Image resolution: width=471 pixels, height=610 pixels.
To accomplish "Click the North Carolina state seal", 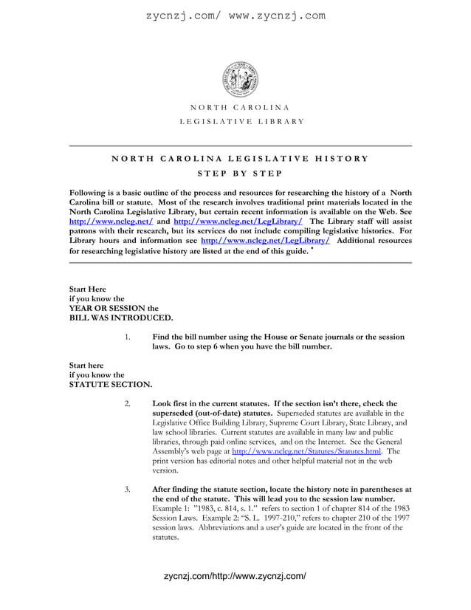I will [x=240, y=78].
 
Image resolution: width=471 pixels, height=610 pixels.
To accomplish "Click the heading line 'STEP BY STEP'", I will [x=240, y=174].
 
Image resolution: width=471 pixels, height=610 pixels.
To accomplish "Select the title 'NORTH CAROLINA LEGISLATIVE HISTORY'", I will [x=240, y=159].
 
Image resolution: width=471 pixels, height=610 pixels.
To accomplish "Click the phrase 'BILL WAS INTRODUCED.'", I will [x=121, y=318].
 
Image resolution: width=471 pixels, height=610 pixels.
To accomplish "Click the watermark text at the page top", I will [x=235, y=15].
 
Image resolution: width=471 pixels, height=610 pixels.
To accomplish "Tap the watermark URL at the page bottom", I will [x=234, y=575].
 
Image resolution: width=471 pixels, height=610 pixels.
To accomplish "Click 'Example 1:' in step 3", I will [x=172, y=509].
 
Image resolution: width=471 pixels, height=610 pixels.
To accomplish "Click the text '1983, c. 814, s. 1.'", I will [x=230, y=509].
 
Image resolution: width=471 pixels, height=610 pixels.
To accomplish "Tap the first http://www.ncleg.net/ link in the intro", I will [x=111, y=221].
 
